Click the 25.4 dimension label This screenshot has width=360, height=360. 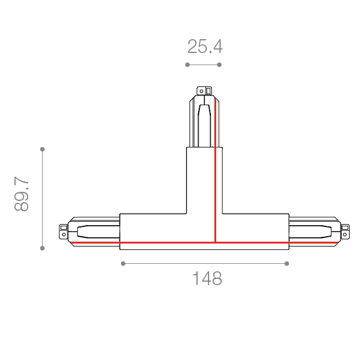point(205,47)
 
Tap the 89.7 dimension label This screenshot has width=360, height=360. point(21,194)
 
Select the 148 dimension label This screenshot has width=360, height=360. point(207,278)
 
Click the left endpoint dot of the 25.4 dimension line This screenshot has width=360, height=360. point(187,65)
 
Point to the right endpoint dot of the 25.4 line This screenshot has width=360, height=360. point(219,65)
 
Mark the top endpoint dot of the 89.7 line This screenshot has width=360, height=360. point(42,149)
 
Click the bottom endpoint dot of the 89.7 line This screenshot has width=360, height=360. point(42,248)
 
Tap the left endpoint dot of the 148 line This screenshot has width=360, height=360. point(123,263)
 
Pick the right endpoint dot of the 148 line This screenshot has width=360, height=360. point(286,263)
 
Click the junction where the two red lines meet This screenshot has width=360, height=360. point(215,242)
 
